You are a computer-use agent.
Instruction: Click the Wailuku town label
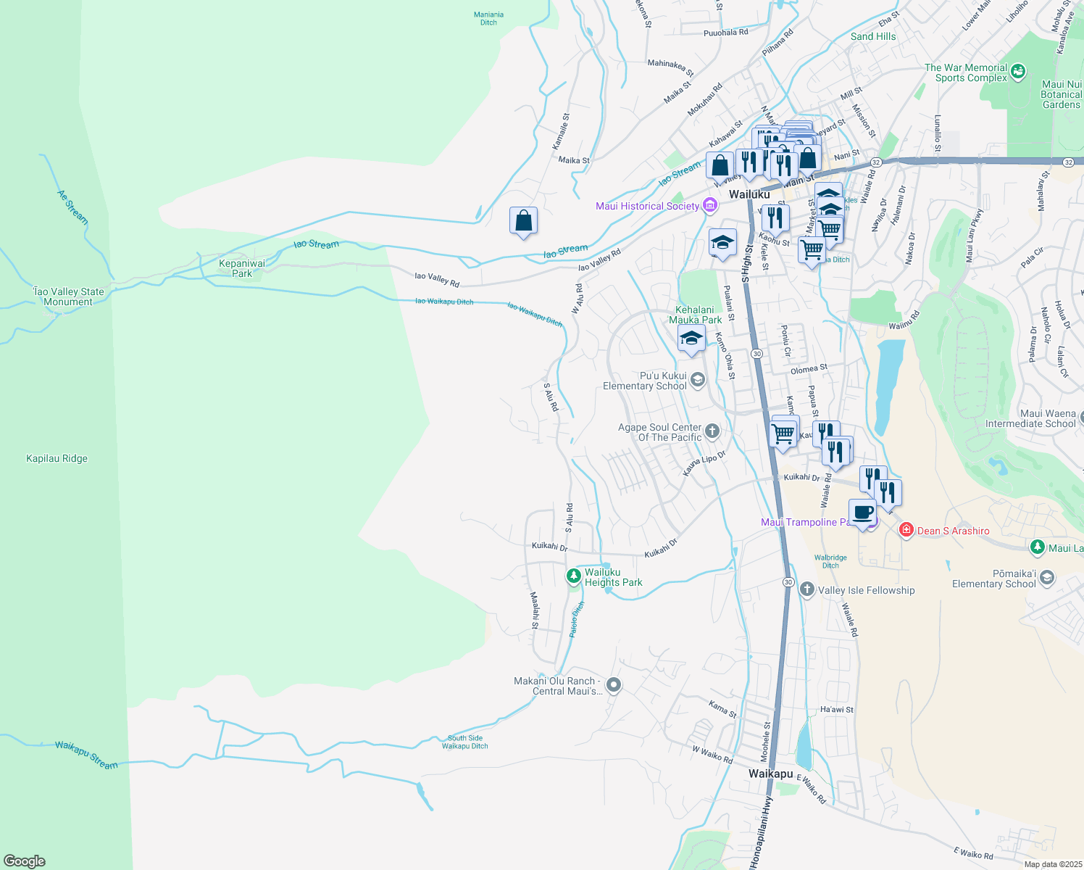coord(749,194)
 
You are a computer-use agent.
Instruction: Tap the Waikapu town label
coord(770,774)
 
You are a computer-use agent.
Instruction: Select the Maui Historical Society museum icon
coord(709,206)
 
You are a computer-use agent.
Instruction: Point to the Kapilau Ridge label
coord(57,458)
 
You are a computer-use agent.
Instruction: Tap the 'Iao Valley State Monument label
coord(68,297)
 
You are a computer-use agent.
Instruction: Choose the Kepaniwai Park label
coord(242,268)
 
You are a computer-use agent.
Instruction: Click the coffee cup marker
coord(862,513)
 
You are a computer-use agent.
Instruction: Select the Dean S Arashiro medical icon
coord(906,531)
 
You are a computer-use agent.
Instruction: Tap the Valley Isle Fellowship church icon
coord(807,589)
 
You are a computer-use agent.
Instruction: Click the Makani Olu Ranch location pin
coord(613,685)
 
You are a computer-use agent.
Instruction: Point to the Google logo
coord(25,861)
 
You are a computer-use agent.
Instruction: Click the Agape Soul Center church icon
coord(712,432)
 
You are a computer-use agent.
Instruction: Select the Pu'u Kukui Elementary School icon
coord(697,380)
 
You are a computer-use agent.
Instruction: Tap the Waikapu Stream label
coord(86,755)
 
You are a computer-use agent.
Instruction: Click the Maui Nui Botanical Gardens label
coord(1061,94)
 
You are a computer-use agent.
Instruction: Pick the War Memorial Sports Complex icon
coord(1018,71)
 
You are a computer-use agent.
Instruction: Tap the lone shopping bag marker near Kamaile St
coord(523,220)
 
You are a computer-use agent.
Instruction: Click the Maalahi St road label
coord(535,610)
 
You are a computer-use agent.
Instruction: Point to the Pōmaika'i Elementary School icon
coord(1046,578)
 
